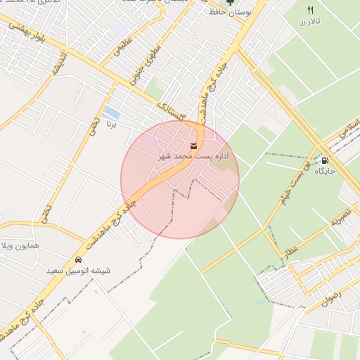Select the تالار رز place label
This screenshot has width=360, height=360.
coord(309,22)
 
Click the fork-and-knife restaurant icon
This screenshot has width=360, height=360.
coord(310,10)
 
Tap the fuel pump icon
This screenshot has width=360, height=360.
coord(324,160)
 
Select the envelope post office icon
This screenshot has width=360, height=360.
coord(174,146)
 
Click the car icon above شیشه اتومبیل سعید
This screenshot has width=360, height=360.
coord(78,260)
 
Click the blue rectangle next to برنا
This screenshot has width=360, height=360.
coord(110,112)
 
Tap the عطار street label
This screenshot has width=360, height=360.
coord(291,250)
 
